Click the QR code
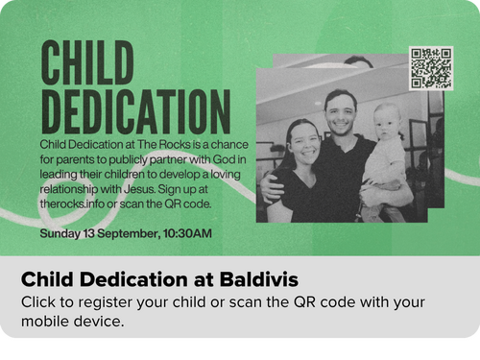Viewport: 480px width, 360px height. point(431,68)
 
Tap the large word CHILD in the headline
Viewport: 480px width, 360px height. point(87,62)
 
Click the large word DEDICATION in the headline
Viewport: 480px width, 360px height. point(136,111)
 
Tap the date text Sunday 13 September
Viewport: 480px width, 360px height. point(100,233)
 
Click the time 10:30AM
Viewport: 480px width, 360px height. point(187,233)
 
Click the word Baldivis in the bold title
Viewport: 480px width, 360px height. point(259,279)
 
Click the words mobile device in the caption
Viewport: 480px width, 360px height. point(73,322)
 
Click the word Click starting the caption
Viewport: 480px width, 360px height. point(38,301)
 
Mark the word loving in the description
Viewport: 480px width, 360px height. point(225,175)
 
